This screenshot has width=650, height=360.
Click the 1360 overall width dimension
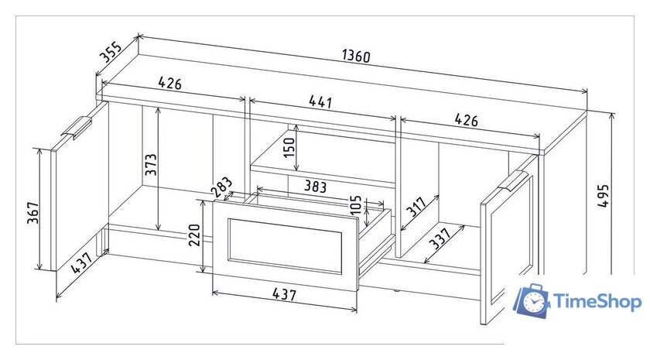pyautogui.click(x=356, y=56)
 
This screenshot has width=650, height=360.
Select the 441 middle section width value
pyautogui.click(x=320, y=101)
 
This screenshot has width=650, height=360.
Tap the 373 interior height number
pyautogui.click(x=152, y=164)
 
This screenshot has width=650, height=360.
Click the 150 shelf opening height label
pyautogui.click(x=289, y=147)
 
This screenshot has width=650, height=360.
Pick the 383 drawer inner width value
pyautogui.click(x=316, y=187)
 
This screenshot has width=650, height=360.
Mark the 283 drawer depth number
pyautogui.click(x=222, y=187)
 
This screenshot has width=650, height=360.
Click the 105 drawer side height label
pyautogui.click(x=356, y=204)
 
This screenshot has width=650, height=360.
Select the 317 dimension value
pyautogui.click(x=416, y=207)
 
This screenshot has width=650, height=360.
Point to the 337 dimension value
pyautogui.click(x=440, y=238)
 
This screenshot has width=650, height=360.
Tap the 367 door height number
pyautogui.click(x=33, y=213)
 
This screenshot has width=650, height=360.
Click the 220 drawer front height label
pyautogui.click(x=194, y=235)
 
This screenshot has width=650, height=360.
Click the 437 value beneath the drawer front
pyautogui.click(x=285, y=293)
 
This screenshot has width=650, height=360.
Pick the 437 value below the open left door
pyautogui.click(x=81, y=263)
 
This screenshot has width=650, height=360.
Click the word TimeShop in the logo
pyautogui.click(x=597, y=301)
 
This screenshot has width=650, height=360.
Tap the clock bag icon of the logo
pyautogui.click(x=532, y=300)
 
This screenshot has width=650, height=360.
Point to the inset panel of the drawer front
pyautogui.click(x=286, y=245)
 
